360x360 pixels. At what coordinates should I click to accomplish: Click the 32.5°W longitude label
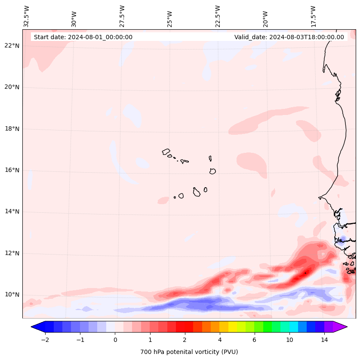pos(27,16)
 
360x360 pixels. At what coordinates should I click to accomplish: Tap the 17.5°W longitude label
pos(313,16)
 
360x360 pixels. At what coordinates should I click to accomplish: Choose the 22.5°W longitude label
pos(218,16)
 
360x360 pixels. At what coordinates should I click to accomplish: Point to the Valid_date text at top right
pos(289,37)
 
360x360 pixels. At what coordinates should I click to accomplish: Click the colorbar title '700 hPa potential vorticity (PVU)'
pos(189,352)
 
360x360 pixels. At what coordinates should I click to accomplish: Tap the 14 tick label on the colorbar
pos(324,340)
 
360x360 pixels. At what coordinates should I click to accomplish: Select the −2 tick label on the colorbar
pos(45,340)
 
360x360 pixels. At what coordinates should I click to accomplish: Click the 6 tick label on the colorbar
pos(254,340)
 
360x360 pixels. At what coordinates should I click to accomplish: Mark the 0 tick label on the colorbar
pos(115,340)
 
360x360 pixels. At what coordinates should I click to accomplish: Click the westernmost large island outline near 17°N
pos(166,152)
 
